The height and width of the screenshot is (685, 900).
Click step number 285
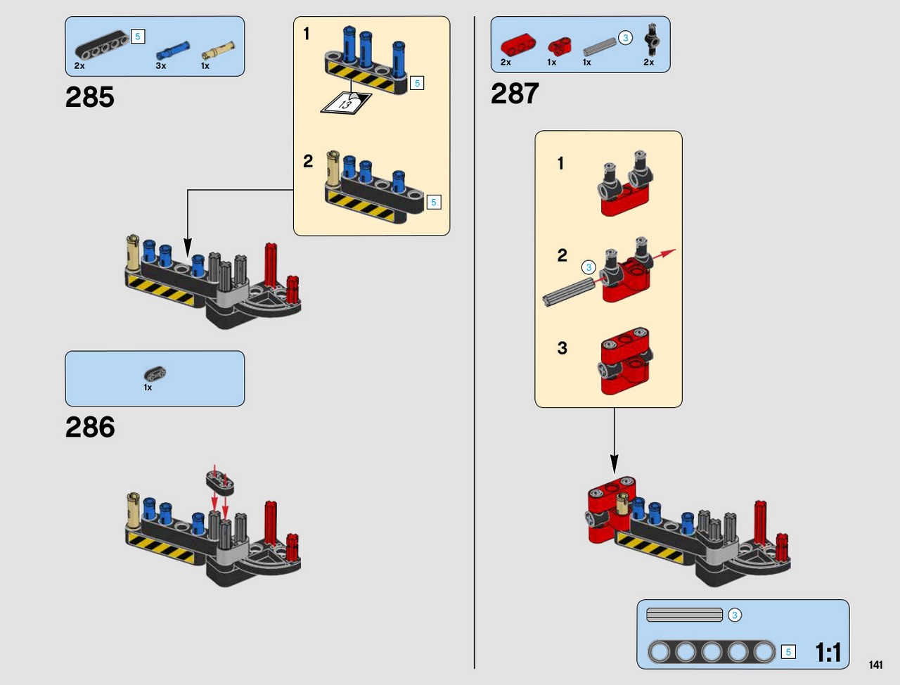click(x=89, y=97)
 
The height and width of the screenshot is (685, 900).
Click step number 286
click(x=90, y=427)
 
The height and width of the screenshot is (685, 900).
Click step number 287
click(x=515, y=94)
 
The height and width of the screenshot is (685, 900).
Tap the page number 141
click(x=875, y=665)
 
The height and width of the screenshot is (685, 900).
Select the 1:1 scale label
click(x=828, y=652)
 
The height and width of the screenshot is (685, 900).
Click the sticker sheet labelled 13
click(x=346, y=103)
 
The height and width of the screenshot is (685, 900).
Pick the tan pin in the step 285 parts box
click(x=218, y=51)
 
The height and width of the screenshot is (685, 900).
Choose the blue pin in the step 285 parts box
click(x=173, y=51)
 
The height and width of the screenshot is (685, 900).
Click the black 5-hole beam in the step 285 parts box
click(x=102, y=45)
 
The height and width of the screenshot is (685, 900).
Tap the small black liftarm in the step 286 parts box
click(x=155, y=373)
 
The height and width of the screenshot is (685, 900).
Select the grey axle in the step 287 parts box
click(x=600, y=46)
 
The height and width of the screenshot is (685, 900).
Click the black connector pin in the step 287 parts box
click(x=652, y=39)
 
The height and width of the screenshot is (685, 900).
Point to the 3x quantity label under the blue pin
click(x=161, y=65)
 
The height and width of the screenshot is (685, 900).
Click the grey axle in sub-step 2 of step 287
click(x=569, y=292)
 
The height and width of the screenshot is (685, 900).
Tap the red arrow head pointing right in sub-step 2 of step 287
click(x=669, y=252)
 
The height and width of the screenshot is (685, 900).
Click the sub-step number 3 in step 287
click(x=562, y=348)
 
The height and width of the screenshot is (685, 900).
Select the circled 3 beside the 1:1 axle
click(x=734, y=615)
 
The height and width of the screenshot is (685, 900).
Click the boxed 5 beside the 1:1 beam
click(x=788, y=652)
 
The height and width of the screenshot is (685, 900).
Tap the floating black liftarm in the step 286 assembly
click(x=220, y=482)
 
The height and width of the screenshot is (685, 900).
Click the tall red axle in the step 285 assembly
click(x=271, y=266)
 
